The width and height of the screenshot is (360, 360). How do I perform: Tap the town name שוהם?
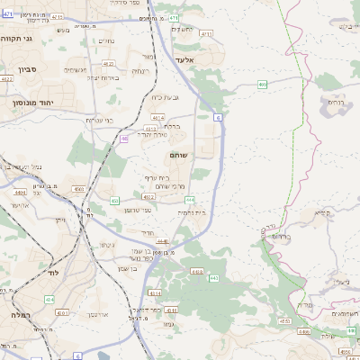[176, 156]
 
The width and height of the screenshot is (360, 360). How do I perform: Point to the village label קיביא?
[321, 213]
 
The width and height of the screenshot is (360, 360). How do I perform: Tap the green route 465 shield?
[262, 85]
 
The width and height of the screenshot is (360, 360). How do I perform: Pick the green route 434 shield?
[49, 298]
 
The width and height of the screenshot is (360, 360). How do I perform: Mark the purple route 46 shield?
[123, 139]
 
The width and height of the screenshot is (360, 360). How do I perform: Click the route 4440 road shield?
[163, 241]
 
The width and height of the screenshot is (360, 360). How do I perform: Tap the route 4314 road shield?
[155, 292]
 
